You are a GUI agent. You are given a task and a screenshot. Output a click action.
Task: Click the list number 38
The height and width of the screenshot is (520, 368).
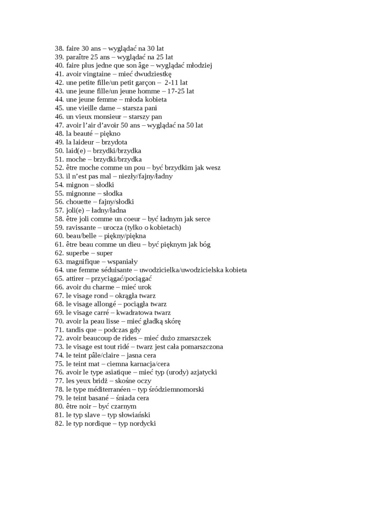point(59,48)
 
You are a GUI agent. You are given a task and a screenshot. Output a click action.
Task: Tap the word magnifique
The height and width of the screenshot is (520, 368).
point(83,262)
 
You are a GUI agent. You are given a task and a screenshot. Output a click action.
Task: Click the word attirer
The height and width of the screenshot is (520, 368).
point(76,279)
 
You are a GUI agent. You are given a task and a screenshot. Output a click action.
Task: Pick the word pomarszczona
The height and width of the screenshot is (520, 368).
point(197,347)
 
